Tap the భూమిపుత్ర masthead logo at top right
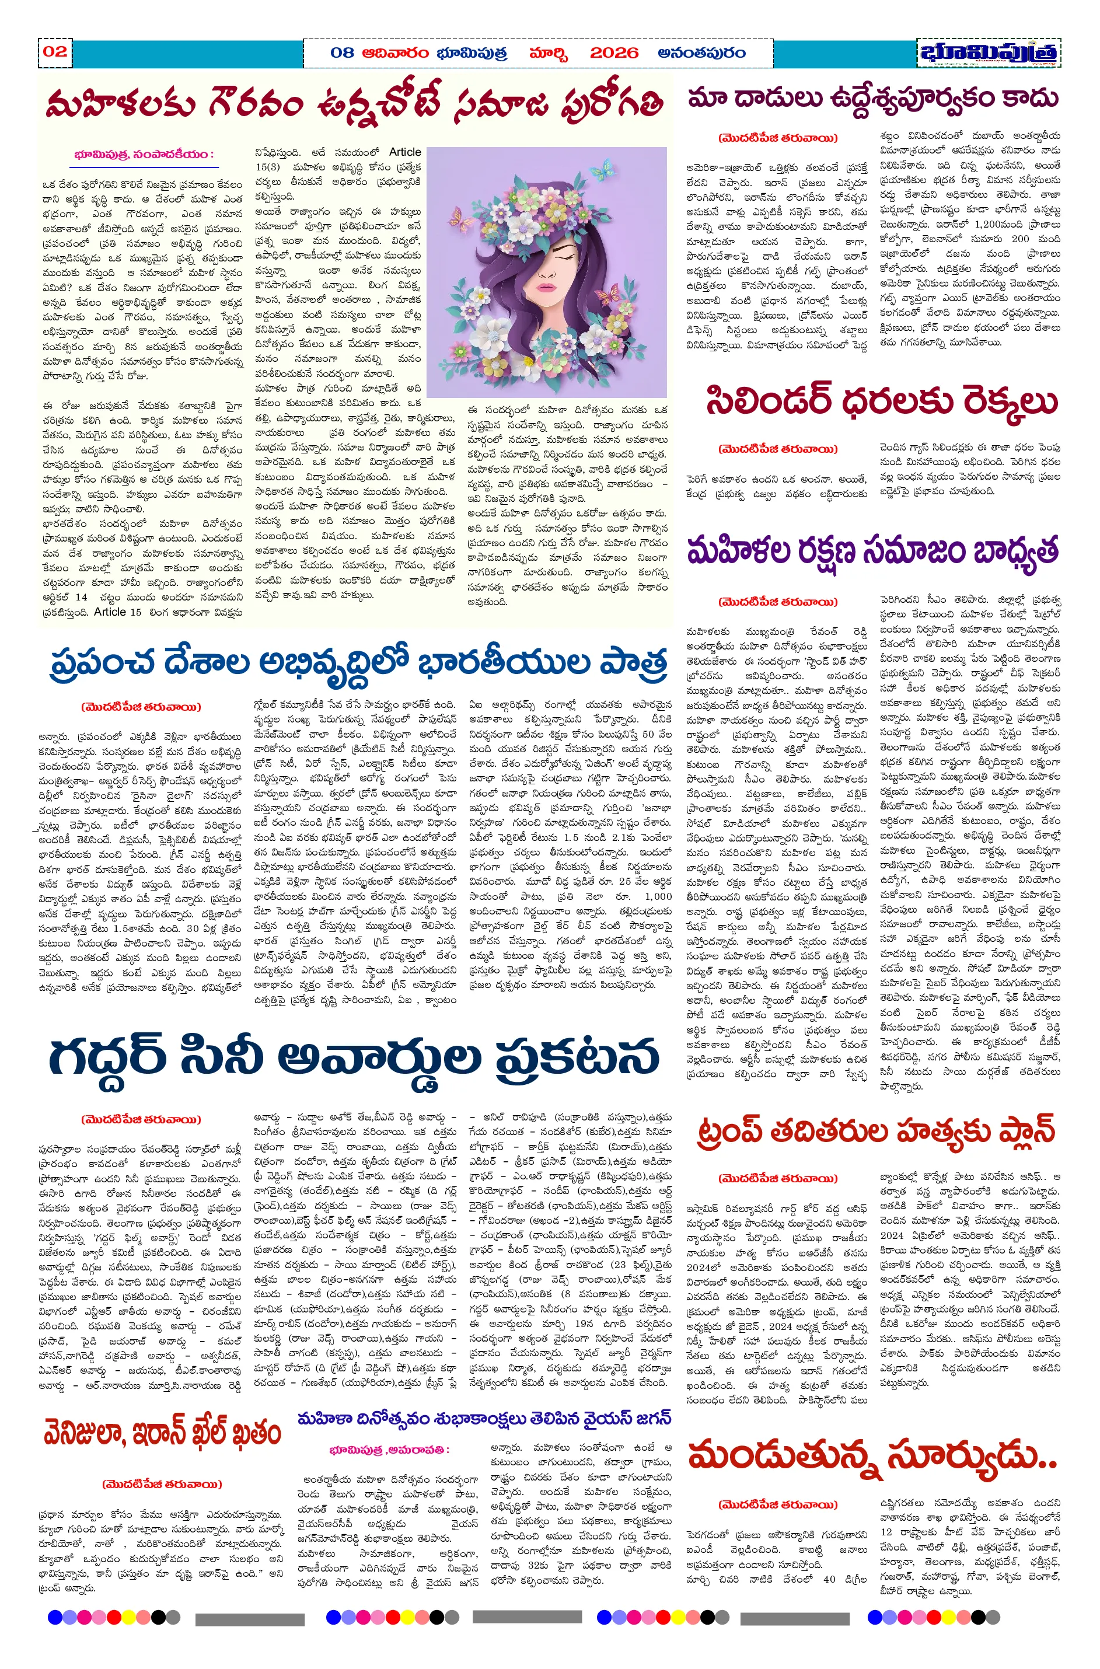point(989,53)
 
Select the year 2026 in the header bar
point(614,53)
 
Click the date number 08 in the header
point(343,53)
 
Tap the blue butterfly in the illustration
point(604,169)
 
